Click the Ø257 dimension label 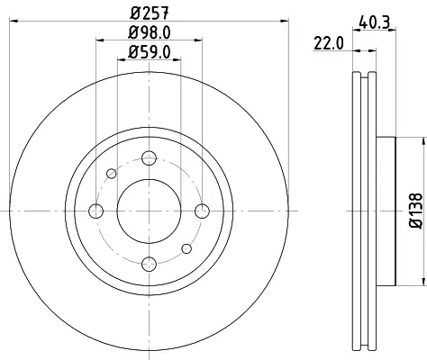[150, 13]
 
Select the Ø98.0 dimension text [150, 32]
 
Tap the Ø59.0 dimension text [150, 52]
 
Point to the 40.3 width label [374, 22]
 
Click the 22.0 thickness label [329, 43]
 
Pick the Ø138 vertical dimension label [416, 211]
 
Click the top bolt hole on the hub [150, 157]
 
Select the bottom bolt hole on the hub [150, 264]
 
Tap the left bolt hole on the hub [96, 211]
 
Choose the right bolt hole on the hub [202, 211]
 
